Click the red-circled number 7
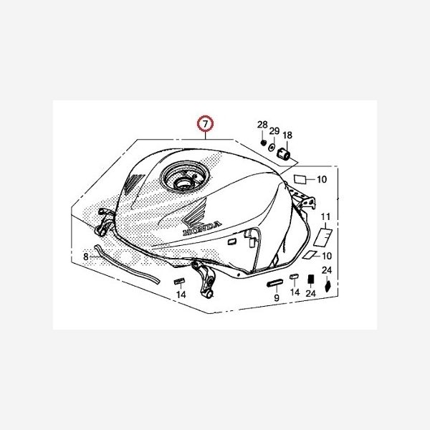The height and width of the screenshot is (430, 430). pyautogui.click(x=205, y=125)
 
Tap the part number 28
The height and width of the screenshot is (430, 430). pyautogui.click(x=262, y=125)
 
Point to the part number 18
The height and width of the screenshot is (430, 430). pyautogui.click(x=287, y=135)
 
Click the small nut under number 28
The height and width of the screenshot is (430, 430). pyautogui.click(x=263, y=141)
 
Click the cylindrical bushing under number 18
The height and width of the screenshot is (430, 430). pyautogui.click(x=285, y=153)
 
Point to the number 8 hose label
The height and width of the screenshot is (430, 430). pyautogui.click(x=85, y=255)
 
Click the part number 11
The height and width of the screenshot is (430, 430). pyautogui.click(x=325, y=216)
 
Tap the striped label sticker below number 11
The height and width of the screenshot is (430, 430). pyautogui.click(x=322, y=234)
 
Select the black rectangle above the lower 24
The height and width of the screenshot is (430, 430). pyautogui.click(x=310, y=279)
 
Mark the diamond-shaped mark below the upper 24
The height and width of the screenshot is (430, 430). pyautogui.click(x=328, y=286)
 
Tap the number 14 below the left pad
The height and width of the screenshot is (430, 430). pyautogui.click(x=181, y=294)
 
